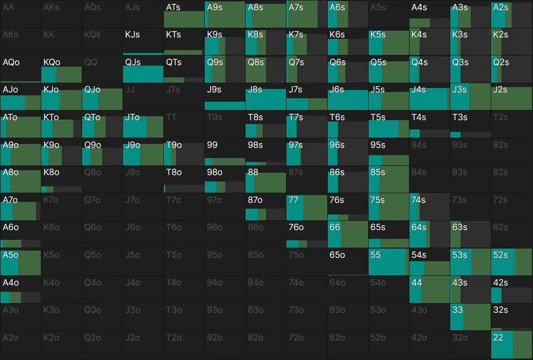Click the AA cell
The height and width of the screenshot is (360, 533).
[20, 14]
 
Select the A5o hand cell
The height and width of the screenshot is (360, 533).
[20, 262]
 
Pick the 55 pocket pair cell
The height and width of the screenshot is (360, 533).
[389, 262]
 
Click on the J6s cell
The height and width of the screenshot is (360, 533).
[348, 97]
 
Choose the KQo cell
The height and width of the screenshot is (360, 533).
[61, 69]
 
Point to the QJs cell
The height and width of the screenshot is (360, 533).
[143, 69]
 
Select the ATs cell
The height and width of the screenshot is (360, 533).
[184, 14]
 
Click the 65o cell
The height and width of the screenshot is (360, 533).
[348, 262]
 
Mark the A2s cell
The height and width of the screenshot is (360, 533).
[512, 14]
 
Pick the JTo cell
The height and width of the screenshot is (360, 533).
[143, 125]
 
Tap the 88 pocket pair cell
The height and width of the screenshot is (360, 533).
[266, 180]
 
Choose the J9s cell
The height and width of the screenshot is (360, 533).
[225, 97]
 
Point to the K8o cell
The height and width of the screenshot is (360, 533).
[61, 180]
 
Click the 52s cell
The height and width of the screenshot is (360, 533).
[512, 262]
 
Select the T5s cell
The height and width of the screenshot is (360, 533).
[389, 125]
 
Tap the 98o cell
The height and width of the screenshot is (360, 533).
[225, 180]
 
